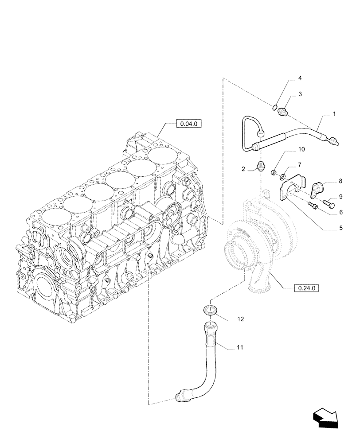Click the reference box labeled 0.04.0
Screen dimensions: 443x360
(188, 124)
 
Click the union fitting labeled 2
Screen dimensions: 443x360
(262, 167)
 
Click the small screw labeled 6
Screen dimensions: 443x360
(313, 206)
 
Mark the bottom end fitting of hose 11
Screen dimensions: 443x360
(181, 395)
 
